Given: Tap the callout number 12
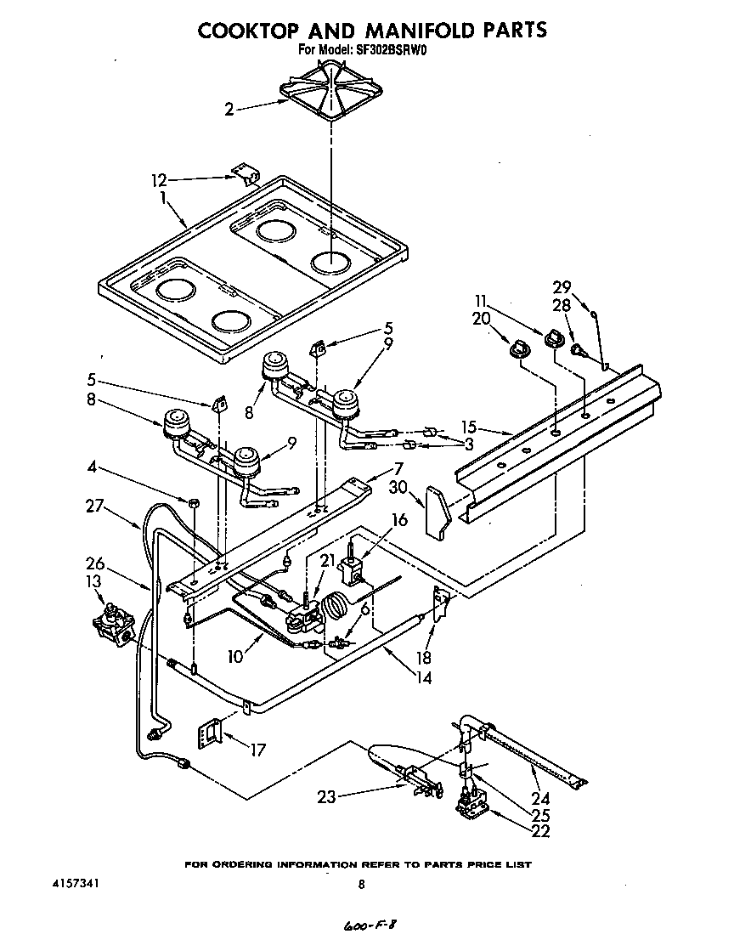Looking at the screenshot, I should (159, 180).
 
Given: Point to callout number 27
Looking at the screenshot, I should (96, 507).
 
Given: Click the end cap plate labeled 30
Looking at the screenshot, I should (439, 512).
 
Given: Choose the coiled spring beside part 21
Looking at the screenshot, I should (337, 608).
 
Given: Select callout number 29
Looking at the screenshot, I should (562, 287).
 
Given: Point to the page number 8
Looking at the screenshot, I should (361, 885).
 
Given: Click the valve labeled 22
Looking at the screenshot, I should (469, 801).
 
